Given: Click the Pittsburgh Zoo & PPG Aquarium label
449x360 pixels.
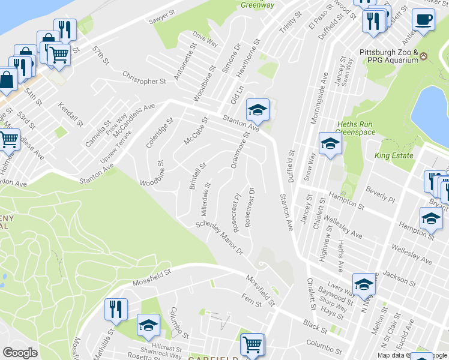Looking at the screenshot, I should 388,56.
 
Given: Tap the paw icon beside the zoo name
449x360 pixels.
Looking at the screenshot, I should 425,56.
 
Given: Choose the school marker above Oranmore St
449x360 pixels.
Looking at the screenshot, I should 258,110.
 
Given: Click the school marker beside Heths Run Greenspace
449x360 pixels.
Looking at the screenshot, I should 330,143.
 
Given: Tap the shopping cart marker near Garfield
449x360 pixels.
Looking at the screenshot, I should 253,344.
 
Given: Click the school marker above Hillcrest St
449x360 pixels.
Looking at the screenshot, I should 148,325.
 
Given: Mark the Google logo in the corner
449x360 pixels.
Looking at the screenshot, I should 20,352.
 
